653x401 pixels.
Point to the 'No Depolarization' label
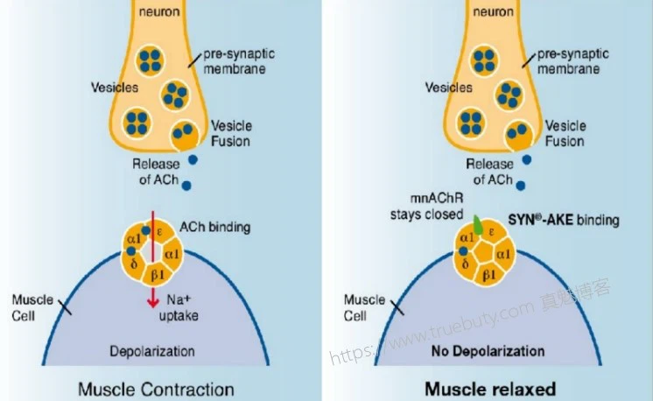(x=488, y=352)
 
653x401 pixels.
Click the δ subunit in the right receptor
(x=465, y=264)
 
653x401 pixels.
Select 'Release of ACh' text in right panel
(x=489, y=172)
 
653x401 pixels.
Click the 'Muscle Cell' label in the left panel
(x=29, y=307)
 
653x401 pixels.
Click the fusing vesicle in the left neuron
(x=184, y=136)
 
